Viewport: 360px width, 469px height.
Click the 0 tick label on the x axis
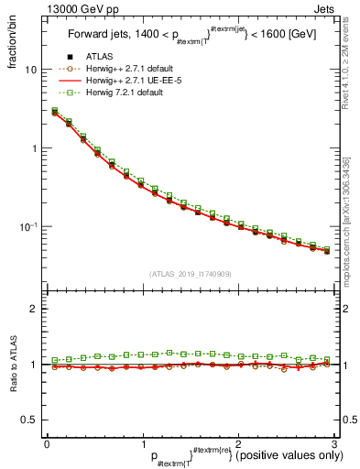[x=47, y=444]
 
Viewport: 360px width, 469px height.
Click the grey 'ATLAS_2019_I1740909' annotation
[x=191, y=273]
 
